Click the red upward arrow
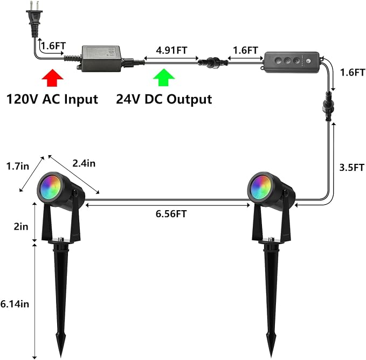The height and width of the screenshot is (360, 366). (52, 78)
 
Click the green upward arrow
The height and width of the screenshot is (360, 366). (164, 78)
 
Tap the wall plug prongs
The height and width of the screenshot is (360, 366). (34, 6)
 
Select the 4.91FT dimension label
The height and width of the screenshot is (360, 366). (171, 51)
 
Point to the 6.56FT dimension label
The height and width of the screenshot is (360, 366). (171, 214)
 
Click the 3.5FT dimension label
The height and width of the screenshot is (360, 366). (351, 168)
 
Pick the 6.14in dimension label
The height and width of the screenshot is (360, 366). (15, 304)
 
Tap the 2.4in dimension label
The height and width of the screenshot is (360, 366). (84, 163)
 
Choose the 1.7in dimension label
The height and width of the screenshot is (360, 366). (17, 166)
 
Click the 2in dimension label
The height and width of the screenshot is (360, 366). (21, 226)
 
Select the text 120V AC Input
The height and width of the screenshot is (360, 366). (52, 99)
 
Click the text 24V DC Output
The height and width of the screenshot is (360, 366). (164, 99)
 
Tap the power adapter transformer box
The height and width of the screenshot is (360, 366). (101, 59)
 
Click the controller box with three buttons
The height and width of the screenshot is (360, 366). (291, 62)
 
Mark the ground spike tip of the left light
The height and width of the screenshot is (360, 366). (61, 357)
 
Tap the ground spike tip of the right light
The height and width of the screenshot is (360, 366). (272, 357)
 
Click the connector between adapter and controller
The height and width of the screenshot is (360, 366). (212, 63)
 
